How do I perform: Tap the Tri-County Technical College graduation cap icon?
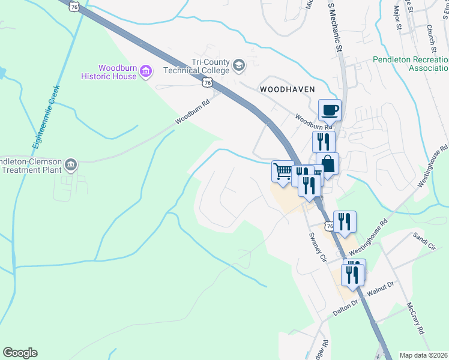238,64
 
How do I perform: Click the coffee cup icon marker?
330,110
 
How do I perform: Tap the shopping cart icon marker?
282,172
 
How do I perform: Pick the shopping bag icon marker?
328,164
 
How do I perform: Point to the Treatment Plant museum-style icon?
71,164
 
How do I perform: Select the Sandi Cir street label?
423,242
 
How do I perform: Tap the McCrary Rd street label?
415,318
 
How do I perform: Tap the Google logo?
20,353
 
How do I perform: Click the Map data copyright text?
424,355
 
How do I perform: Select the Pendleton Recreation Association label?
411,64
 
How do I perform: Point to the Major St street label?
397,18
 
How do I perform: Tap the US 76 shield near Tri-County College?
208,82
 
